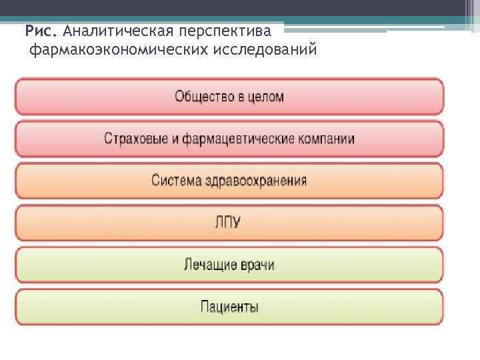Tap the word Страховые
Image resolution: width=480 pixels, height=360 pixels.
point(134,139)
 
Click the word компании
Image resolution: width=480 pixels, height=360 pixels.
point(326,139)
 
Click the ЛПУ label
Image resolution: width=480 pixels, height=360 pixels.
point(229,223)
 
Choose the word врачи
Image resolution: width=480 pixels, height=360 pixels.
point(258,265)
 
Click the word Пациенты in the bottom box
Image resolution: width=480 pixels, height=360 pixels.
point(229,307)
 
